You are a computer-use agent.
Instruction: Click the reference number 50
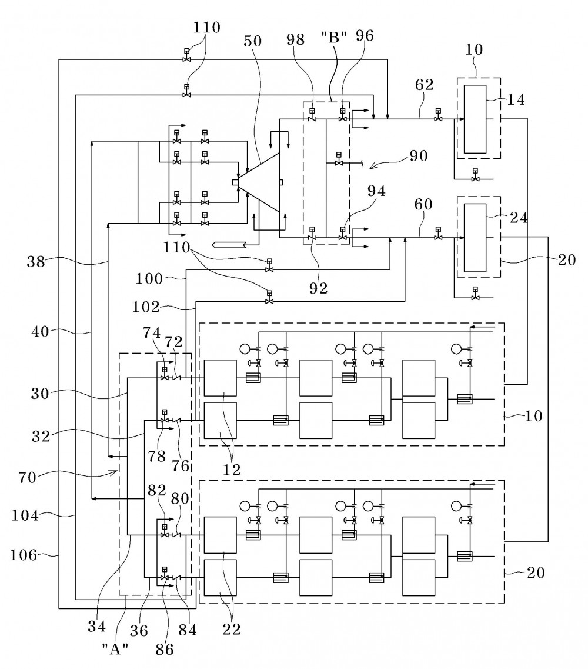click(252, 41)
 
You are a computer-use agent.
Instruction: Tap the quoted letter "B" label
click(333, 38)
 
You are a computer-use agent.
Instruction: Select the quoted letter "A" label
click(115, 649)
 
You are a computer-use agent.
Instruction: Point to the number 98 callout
click(296, 39)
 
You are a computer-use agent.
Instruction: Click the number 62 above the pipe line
click(425, 85)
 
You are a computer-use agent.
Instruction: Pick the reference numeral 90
click(418, 156)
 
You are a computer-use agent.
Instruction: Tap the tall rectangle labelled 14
click(475, 119)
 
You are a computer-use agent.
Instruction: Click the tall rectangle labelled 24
click(475, 238)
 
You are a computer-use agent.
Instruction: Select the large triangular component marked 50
click(259, 182)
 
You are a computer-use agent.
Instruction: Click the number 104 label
click(25, 515)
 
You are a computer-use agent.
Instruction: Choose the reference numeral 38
click(36, 261)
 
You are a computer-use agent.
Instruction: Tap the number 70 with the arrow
click(27, 477)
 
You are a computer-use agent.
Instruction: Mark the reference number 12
click(232, 470)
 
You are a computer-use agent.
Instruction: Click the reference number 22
click(232, 628)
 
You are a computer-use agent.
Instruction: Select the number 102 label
click(146, 307)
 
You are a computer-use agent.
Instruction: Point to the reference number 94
click(376, 191)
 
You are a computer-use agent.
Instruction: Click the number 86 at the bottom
click(165, 649)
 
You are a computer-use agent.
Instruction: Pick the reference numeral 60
click(423, 204)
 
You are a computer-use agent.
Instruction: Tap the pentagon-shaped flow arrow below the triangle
click(229, 244)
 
